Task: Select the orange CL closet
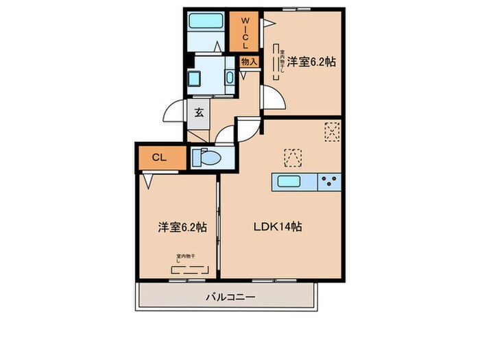[160, 158]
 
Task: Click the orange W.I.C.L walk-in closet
[245, 32]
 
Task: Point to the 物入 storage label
[249, 62]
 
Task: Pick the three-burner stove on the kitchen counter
[329, 182]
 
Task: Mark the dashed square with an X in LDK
[332, 130]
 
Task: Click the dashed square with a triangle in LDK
[293, 156]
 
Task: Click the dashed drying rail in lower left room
[186, 269]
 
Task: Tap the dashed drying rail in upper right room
[278, 62]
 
